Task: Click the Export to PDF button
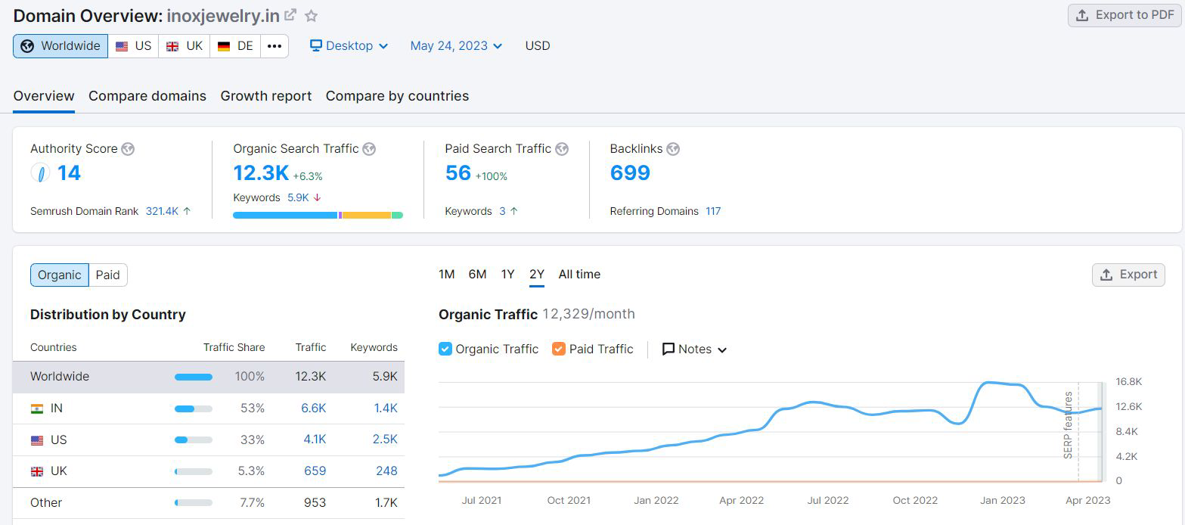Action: pyautogui.click(x=1125, y=15)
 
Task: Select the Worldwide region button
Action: pyautogui.click(x=60, y=46)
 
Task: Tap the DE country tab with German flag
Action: pyautogui.click(x=235, y=46)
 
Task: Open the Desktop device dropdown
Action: pyautogui.click(x=349, y=46)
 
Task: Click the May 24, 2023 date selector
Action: pyautogui.click(x=456, y=46)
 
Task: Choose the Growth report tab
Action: pyautogui.click(x=266, y=96)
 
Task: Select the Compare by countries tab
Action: pyautogui.click(x=397, y=96)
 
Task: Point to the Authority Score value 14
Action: pyautogui.click(x=69, y=173)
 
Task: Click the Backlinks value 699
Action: pyautogui.click(x=630, y=173)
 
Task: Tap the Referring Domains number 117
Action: pyautogui.click(x=713, y=211)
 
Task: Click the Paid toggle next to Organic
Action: pyautogui.click(x=108, y=275)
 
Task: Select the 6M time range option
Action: pyautogui.click(x=477, y=274)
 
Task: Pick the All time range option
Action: pyautogui.click(x=579, y=274)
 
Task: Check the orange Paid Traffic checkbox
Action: pyautogui.click(x=559, y=349)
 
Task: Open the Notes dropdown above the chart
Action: pyautogui.click(x=695, y=349)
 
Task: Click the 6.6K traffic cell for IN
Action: pyautogui.click(x=314, y=408)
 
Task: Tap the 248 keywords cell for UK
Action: pyautogui.click(x=386, y=471)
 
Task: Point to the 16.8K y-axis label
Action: pyautogui.click(x=1129, y=381)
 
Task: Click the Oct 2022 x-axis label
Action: pyautogui.click(x=915, y=500)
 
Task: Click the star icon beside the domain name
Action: pyautogui.click(x=311, y=16)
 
